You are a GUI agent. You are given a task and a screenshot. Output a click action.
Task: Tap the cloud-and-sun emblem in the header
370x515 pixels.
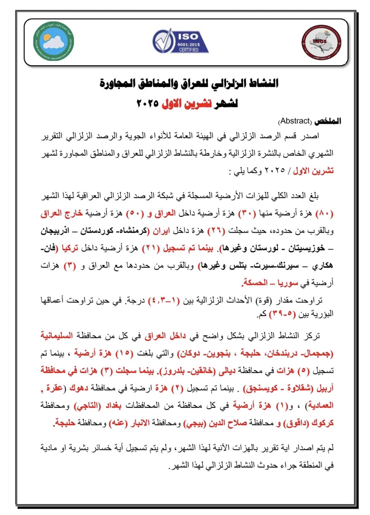(x=54, y=41)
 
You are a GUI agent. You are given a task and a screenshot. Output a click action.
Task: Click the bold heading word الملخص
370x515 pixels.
(x=328, y=121)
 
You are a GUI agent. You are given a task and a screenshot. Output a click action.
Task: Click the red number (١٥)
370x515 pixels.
(x=124, y=353)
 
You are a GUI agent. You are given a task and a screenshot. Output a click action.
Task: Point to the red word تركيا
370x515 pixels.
(x=70, y=248)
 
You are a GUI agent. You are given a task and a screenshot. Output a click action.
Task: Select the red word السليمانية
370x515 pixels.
(x=57, y=336)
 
